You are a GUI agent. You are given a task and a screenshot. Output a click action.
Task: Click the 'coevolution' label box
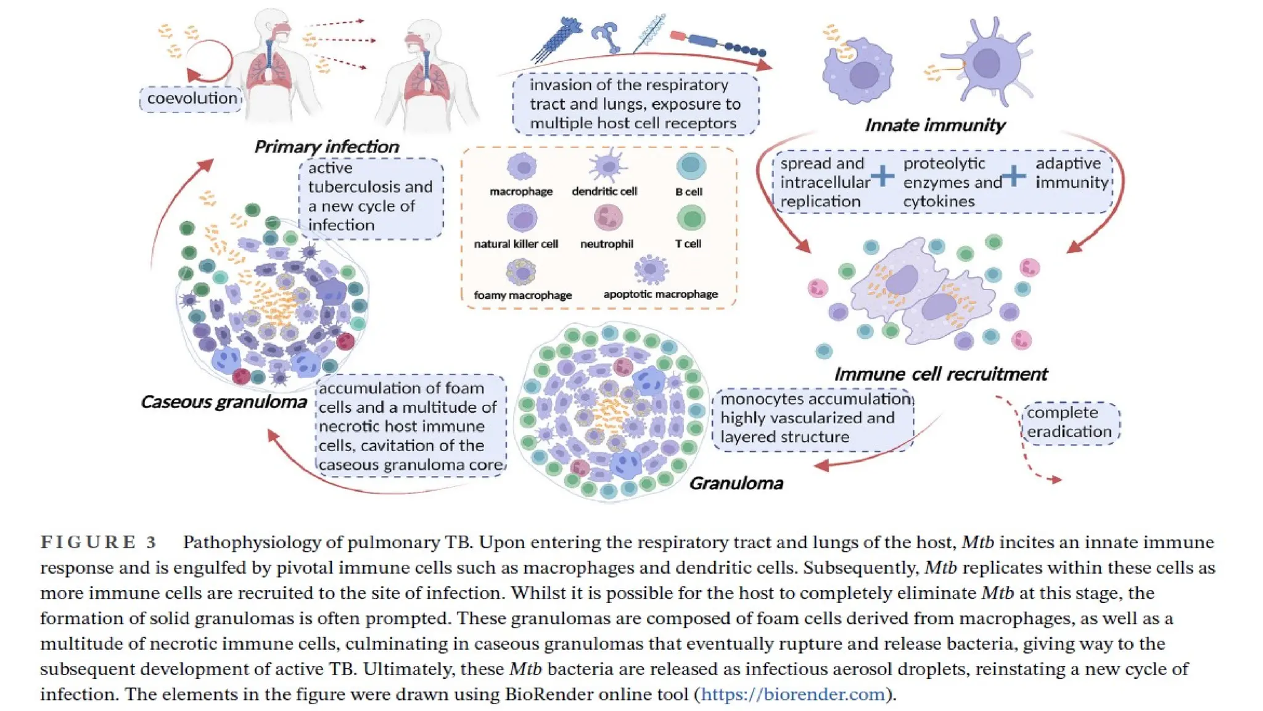click(191, 99)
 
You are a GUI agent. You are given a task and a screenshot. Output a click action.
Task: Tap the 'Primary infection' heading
click(326, 147)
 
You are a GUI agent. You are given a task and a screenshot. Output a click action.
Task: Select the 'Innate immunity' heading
click(934, 125)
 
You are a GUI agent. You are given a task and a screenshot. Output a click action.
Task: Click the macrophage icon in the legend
click(522, 167)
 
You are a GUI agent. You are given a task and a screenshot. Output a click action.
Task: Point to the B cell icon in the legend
click(691, 166)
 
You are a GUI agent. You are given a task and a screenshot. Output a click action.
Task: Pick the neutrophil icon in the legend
click(608, 218)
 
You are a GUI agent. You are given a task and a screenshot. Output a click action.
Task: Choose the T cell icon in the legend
click(691, 218)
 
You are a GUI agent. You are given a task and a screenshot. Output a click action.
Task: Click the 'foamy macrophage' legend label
click(522, 295)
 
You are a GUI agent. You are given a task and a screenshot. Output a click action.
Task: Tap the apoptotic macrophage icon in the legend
click(651, 269)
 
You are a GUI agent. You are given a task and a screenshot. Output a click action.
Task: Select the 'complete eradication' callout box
click(1070, 422)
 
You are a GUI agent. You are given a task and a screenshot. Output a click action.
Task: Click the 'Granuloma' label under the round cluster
click(736, 483)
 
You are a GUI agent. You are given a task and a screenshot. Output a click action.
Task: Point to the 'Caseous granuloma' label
click(223, 402)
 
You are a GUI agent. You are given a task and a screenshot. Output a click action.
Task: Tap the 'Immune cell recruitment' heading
click(940, 374)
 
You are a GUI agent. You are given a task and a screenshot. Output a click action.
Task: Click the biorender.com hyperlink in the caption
click(793, 694)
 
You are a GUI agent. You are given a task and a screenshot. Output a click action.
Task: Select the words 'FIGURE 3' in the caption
click(99, 543)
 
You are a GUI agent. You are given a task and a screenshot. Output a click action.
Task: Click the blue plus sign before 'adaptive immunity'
click(1013, 177)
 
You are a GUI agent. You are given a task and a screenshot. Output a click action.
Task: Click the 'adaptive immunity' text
click(1071, 173)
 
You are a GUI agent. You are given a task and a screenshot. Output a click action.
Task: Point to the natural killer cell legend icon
click(522, 218)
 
